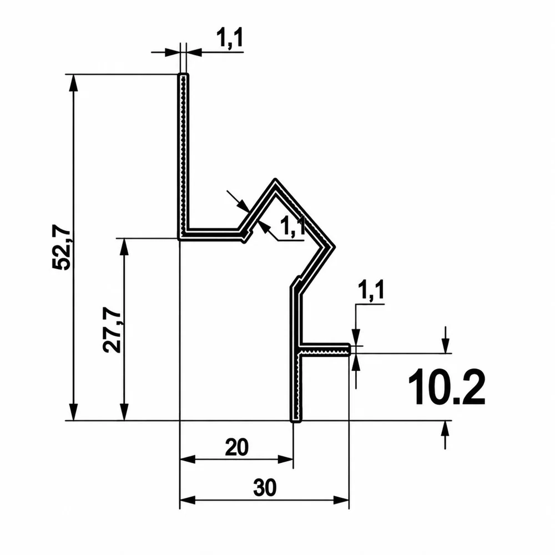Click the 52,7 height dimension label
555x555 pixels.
click(x=62, y=248)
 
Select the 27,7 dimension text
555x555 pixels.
click(x=112, y=330)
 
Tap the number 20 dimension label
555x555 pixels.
click(x=237, y=447)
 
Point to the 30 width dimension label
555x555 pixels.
click(x=265, y=488)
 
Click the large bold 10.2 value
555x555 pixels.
click(x=447, y=387)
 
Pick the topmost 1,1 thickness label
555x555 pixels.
click(x=230, y=38)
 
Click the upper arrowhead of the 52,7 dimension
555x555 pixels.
click(x=73, y=84)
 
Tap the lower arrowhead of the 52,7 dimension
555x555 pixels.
click(x=73, y=412)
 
